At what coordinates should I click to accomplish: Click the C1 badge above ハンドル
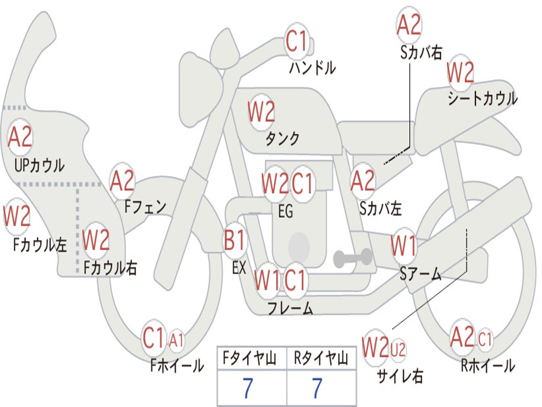click(296, 41)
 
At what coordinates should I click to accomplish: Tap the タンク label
click(283, 139)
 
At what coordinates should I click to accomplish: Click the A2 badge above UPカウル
click(20, 137)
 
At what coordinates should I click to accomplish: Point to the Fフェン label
click(146, 206)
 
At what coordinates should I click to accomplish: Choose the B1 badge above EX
click(235, 241)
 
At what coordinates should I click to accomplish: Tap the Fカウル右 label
click(111, 268)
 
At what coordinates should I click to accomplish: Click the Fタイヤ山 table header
click(251, 359)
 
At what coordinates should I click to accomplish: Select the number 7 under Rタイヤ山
click(317, 389)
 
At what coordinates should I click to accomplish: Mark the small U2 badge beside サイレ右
click(398, 349)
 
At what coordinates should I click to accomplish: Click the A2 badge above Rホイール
click(462, 337)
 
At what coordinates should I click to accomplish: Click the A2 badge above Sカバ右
click(409, 25)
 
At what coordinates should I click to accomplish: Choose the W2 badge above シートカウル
click(460, 73)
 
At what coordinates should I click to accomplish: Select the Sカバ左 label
click(381, 208)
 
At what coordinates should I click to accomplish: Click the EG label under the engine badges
click(285, 211)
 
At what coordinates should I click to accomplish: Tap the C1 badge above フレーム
click(295, 280)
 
